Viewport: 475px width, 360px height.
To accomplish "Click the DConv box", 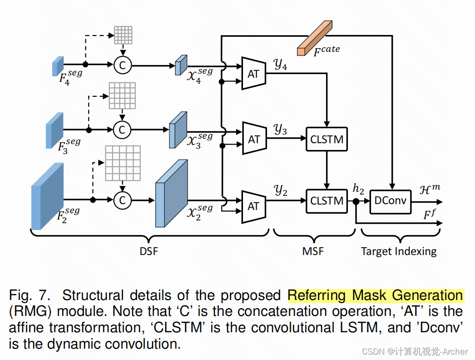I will pos(391,200).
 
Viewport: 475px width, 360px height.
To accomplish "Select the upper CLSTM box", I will pos(327,140).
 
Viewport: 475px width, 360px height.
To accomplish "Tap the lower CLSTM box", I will pos(327,200).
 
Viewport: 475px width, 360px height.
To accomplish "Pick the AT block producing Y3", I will pos(253,139).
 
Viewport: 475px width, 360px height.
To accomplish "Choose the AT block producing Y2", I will pos(253,206).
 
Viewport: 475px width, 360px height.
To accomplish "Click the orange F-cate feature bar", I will pos(315,38).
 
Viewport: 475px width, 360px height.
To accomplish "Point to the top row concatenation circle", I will pos(122,65).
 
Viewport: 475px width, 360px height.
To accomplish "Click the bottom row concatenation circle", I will pos(122,200).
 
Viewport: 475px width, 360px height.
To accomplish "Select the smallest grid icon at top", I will pos(123,35).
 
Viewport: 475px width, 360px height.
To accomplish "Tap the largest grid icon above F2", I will pos(123,162).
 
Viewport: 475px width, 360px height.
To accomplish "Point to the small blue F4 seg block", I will pos(58,66).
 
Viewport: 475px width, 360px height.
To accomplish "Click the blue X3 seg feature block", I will pos(178,130).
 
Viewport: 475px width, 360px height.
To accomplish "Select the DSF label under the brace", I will pos(149,251).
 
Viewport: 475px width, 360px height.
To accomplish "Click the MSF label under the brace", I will pos(313,251).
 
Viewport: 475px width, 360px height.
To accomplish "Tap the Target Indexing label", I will pos(399,251).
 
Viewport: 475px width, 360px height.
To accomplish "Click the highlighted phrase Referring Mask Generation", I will pos(376,296).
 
